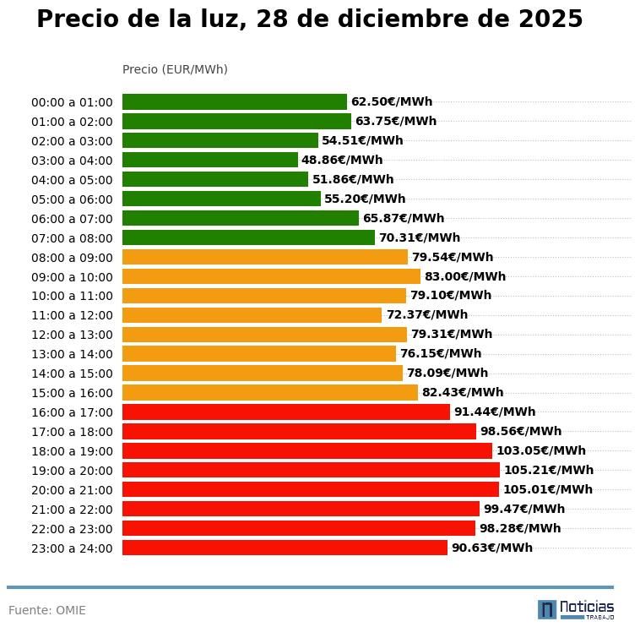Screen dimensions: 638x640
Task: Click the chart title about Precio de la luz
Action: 309,19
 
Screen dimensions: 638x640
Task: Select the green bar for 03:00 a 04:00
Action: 209,160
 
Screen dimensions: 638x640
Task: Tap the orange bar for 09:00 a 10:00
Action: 271,276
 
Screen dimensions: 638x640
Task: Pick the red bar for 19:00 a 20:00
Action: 311,470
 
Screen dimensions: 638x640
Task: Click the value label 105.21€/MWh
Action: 549,470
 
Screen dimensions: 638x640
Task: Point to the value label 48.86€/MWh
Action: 342,160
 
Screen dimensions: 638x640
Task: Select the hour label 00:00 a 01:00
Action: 72,102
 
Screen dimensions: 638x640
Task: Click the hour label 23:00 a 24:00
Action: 72,548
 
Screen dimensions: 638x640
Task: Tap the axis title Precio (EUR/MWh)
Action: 175,69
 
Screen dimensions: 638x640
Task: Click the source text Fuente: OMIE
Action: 47,610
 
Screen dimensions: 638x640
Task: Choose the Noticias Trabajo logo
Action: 576,609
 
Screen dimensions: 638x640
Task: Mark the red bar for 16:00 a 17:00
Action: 286,412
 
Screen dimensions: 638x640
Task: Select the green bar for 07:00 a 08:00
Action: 248,237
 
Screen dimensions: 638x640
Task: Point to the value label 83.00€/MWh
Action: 465,276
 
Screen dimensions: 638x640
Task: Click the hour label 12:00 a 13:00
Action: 72,335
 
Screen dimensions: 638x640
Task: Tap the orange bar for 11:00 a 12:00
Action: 252,315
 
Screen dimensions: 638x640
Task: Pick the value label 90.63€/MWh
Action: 492,548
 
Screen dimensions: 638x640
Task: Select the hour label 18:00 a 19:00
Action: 72,451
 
